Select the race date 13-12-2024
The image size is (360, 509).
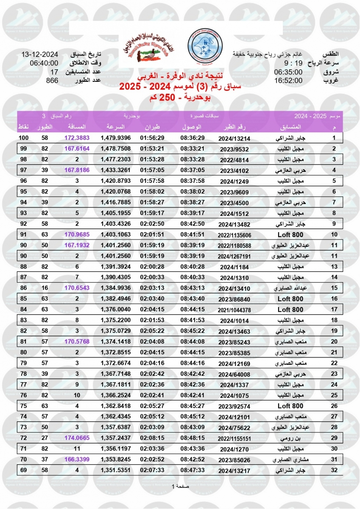[x=39, y=55]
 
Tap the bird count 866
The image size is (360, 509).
[x=52, y=80]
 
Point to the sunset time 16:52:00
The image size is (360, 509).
[x=288, y=80]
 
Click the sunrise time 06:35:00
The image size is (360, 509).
[x=288, y=72]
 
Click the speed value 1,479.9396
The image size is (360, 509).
[x=115, y=138]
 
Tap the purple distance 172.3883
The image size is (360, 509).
[x=77, y=138]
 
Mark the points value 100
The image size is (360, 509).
[x=23, y=138]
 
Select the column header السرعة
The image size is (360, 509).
[x=115, y=127]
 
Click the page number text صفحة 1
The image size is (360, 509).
[x=180, y=486]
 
